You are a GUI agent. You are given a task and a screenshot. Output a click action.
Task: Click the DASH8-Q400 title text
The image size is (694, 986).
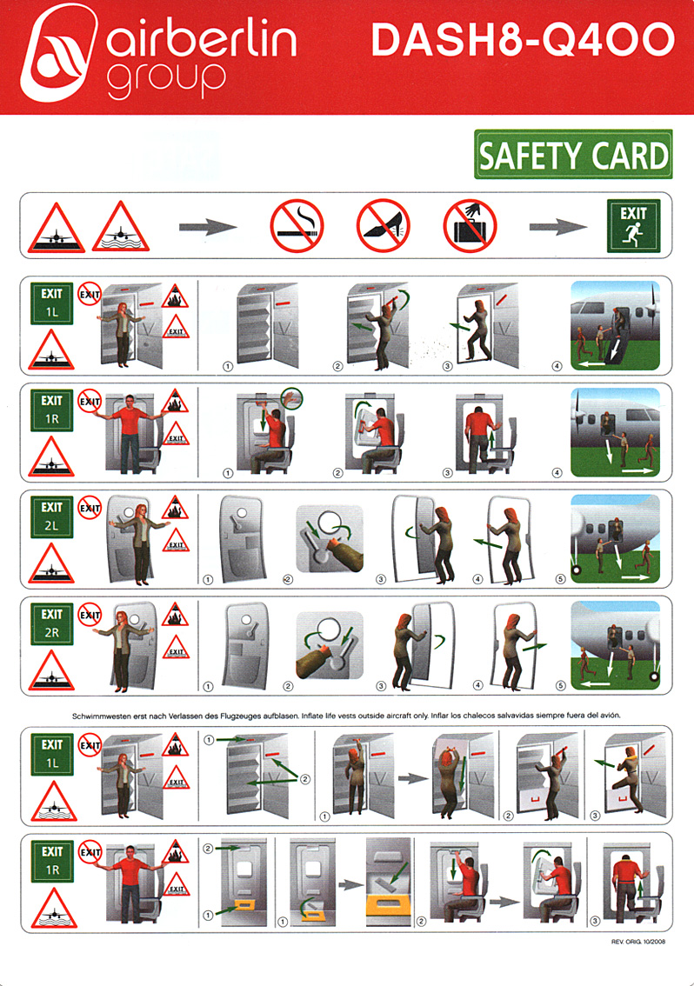[523, 39]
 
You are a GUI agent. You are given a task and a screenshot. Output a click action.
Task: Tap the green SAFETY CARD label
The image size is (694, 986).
[573, 154]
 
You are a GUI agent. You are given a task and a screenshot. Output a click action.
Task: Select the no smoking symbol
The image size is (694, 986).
[297, 226]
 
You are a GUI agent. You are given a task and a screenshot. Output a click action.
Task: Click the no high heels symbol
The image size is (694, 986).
[384, 226]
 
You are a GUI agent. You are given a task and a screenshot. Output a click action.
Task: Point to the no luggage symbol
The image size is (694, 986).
[470, 226]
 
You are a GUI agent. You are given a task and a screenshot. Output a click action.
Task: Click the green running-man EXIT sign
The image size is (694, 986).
[634, 226]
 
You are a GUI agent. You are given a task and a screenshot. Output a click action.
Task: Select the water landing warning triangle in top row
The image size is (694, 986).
[121, 227]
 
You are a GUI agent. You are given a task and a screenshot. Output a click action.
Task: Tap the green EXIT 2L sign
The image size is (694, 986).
[51, 516]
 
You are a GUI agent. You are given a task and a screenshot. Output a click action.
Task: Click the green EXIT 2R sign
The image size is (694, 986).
[51, 623]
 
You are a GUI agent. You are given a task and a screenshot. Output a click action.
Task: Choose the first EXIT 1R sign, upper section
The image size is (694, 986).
[51, 410]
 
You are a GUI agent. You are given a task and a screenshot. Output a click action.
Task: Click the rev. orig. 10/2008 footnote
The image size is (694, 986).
[638, 942]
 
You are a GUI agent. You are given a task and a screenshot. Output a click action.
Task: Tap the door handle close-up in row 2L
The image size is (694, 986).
[330, 539]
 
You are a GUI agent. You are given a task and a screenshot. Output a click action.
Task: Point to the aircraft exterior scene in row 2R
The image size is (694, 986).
[616, 645]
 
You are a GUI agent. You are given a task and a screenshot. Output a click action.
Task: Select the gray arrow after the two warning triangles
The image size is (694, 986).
[208, 226]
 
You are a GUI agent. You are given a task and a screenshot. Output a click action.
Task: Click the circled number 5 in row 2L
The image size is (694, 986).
[561, 579]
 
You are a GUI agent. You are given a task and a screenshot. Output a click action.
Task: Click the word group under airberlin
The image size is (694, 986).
[166, 80]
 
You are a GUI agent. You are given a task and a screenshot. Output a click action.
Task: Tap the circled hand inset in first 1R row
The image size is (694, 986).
[292, 398]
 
